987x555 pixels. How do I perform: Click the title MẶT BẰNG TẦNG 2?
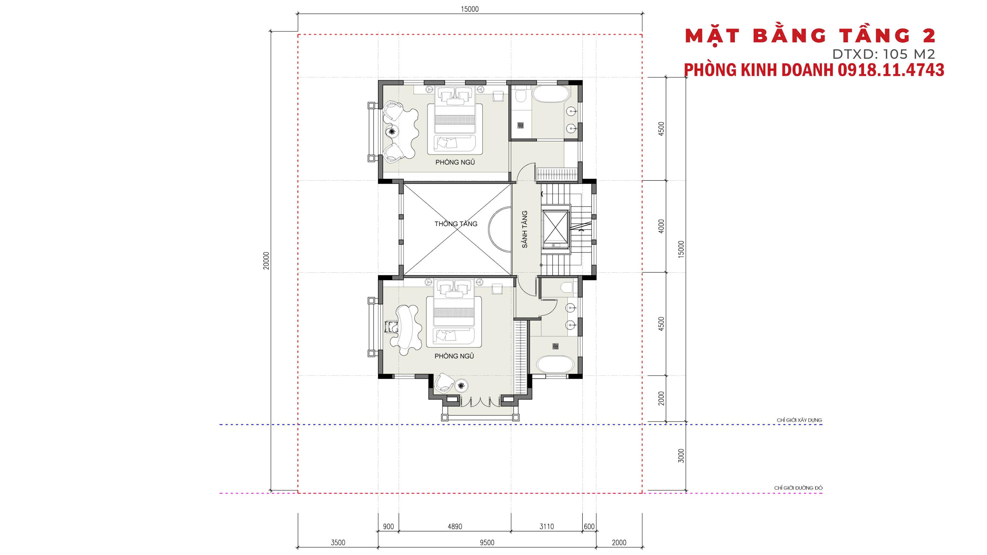coord(810,36)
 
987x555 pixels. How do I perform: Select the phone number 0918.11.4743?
coord(890,70)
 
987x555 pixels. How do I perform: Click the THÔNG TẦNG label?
coord(456,224)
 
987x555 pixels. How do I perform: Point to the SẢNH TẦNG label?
coord(525,229)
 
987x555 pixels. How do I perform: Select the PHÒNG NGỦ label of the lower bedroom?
coord(454,356)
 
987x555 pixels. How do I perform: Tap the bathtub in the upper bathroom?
coord(551,94)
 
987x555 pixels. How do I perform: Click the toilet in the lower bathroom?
coord(566,287)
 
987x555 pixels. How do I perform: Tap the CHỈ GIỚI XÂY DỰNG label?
coord(799,420)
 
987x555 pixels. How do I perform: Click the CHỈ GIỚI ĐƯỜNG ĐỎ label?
coord(798,488)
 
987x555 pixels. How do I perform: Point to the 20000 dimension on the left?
coord(266,260)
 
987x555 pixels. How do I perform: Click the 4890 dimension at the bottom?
coord(455,527)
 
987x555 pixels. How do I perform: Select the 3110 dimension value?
coord(546,527)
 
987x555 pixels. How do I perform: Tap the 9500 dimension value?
coord(487,543)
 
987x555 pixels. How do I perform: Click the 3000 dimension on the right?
coord(681,456)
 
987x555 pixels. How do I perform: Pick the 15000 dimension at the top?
coord(470,9)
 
